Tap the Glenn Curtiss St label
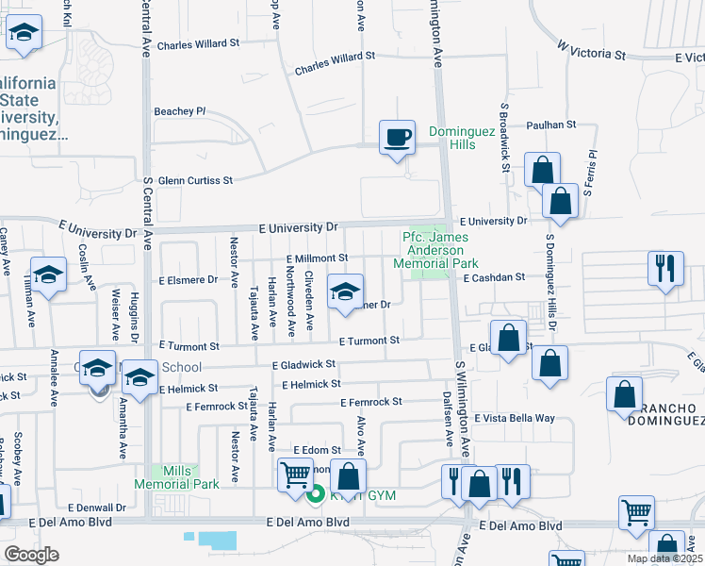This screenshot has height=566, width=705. (195, 180)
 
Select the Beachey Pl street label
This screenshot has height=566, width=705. (180, 111)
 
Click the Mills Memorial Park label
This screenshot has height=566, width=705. (190, 477)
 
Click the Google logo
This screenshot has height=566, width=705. (32, 554)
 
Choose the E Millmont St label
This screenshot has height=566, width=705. (318, 258)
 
